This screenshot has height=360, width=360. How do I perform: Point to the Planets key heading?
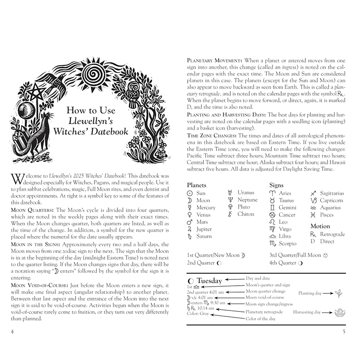196,185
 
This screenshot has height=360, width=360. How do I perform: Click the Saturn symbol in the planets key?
190,237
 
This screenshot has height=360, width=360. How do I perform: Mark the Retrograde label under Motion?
333,234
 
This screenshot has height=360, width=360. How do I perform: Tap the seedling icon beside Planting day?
338,293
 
